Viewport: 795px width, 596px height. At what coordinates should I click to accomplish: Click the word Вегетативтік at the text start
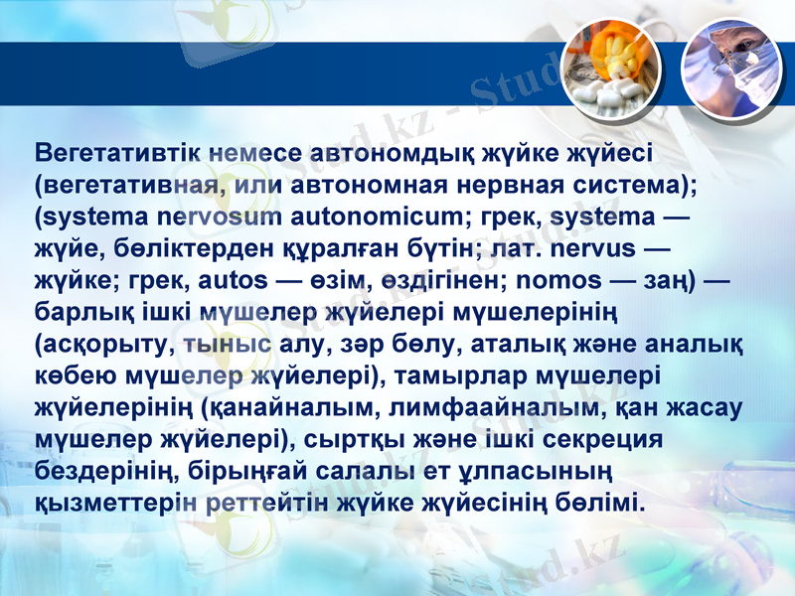coord(119,154)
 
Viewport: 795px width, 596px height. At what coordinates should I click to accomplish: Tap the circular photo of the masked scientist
coord(725,66)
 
